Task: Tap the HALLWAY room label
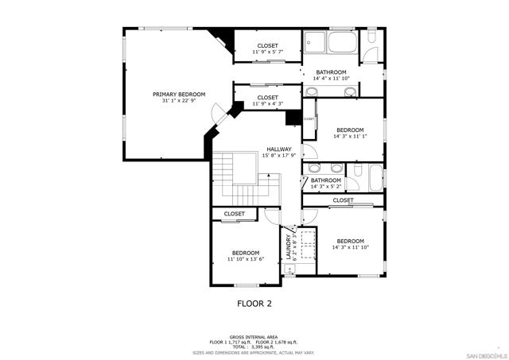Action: pos(278,149)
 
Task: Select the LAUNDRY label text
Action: pos(289,246)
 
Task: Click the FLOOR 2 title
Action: pos(254,303)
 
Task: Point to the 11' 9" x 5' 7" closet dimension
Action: pos(267,52)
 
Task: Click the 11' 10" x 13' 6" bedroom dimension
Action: pos(245,259)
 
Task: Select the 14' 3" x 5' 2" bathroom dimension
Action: pos(325,187)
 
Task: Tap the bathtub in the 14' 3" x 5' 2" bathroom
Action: pos(375,175)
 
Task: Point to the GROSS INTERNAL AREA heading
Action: pos(254,337)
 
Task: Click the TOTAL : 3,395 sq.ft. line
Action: pos(254,346)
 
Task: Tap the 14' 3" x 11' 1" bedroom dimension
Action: pos(349,136)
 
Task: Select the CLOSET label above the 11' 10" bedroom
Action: pos(234,214)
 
